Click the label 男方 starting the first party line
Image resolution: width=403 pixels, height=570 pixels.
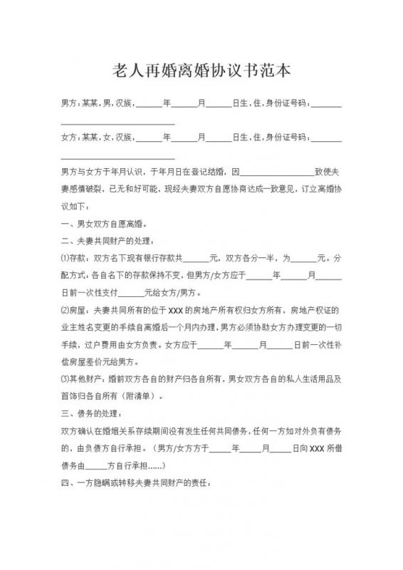(69, 104)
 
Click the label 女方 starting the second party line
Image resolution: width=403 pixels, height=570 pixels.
(69, 137)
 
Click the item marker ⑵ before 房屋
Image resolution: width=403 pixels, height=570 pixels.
(65, 310)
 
